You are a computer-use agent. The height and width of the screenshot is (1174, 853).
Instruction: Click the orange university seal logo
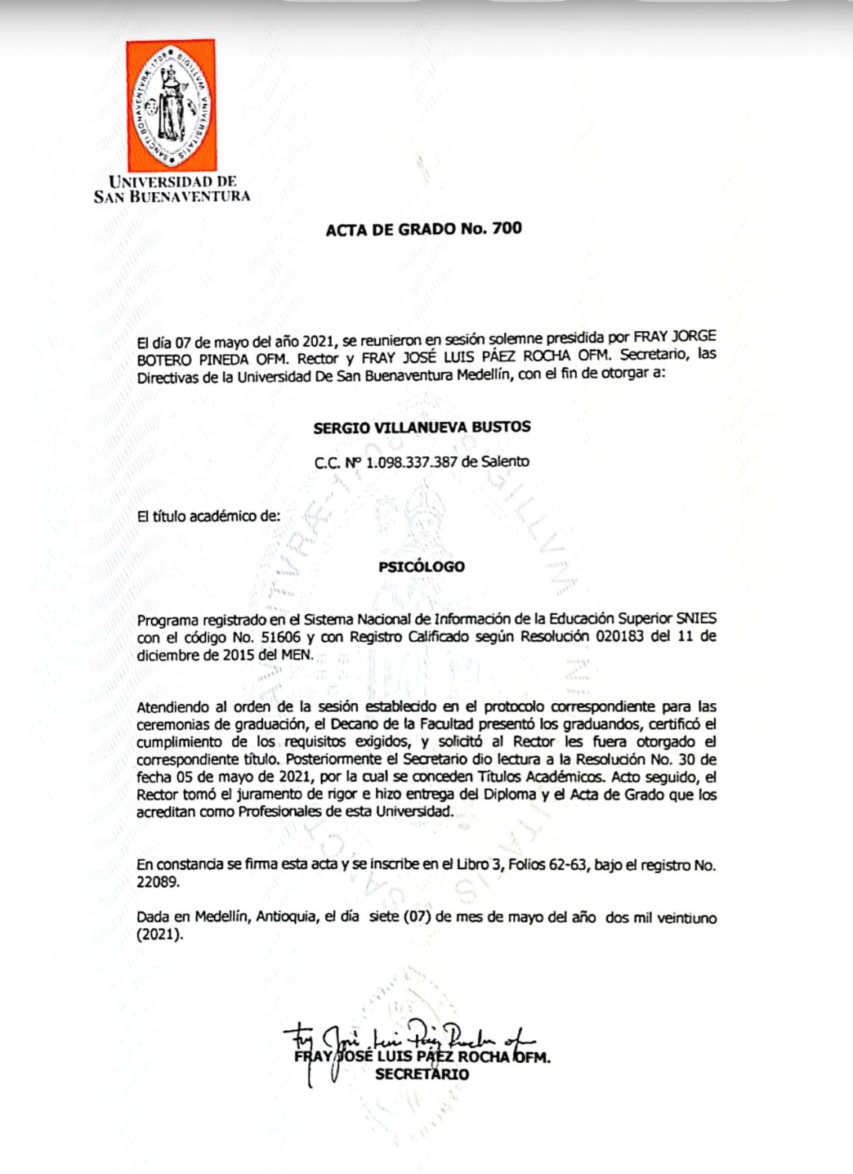pyautogui.click(x=171, y=105)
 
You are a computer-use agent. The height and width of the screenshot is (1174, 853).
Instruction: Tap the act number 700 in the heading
pyautogui.click(x=507, y=228)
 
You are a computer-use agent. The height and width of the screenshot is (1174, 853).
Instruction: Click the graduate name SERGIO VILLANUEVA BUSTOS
pyautogui.click(x=422, y=427)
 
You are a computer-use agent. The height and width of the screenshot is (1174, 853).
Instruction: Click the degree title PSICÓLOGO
pyautogui.click(x=422, y=567)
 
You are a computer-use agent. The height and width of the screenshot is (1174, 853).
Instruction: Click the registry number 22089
pyautogui.click(x=156, y=883)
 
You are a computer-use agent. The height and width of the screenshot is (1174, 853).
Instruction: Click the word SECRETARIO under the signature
pyautogui.click(x=422, y=1074)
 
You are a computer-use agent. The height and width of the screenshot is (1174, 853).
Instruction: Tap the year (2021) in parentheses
pyautogui.click(x=159, y=935)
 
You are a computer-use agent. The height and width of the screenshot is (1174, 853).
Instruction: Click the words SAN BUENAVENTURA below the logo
pyautogui.click(x=172, y=197)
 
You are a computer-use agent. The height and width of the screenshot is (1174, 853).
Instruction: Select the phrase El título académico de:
pyautogui.click(x=208, y=517)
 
